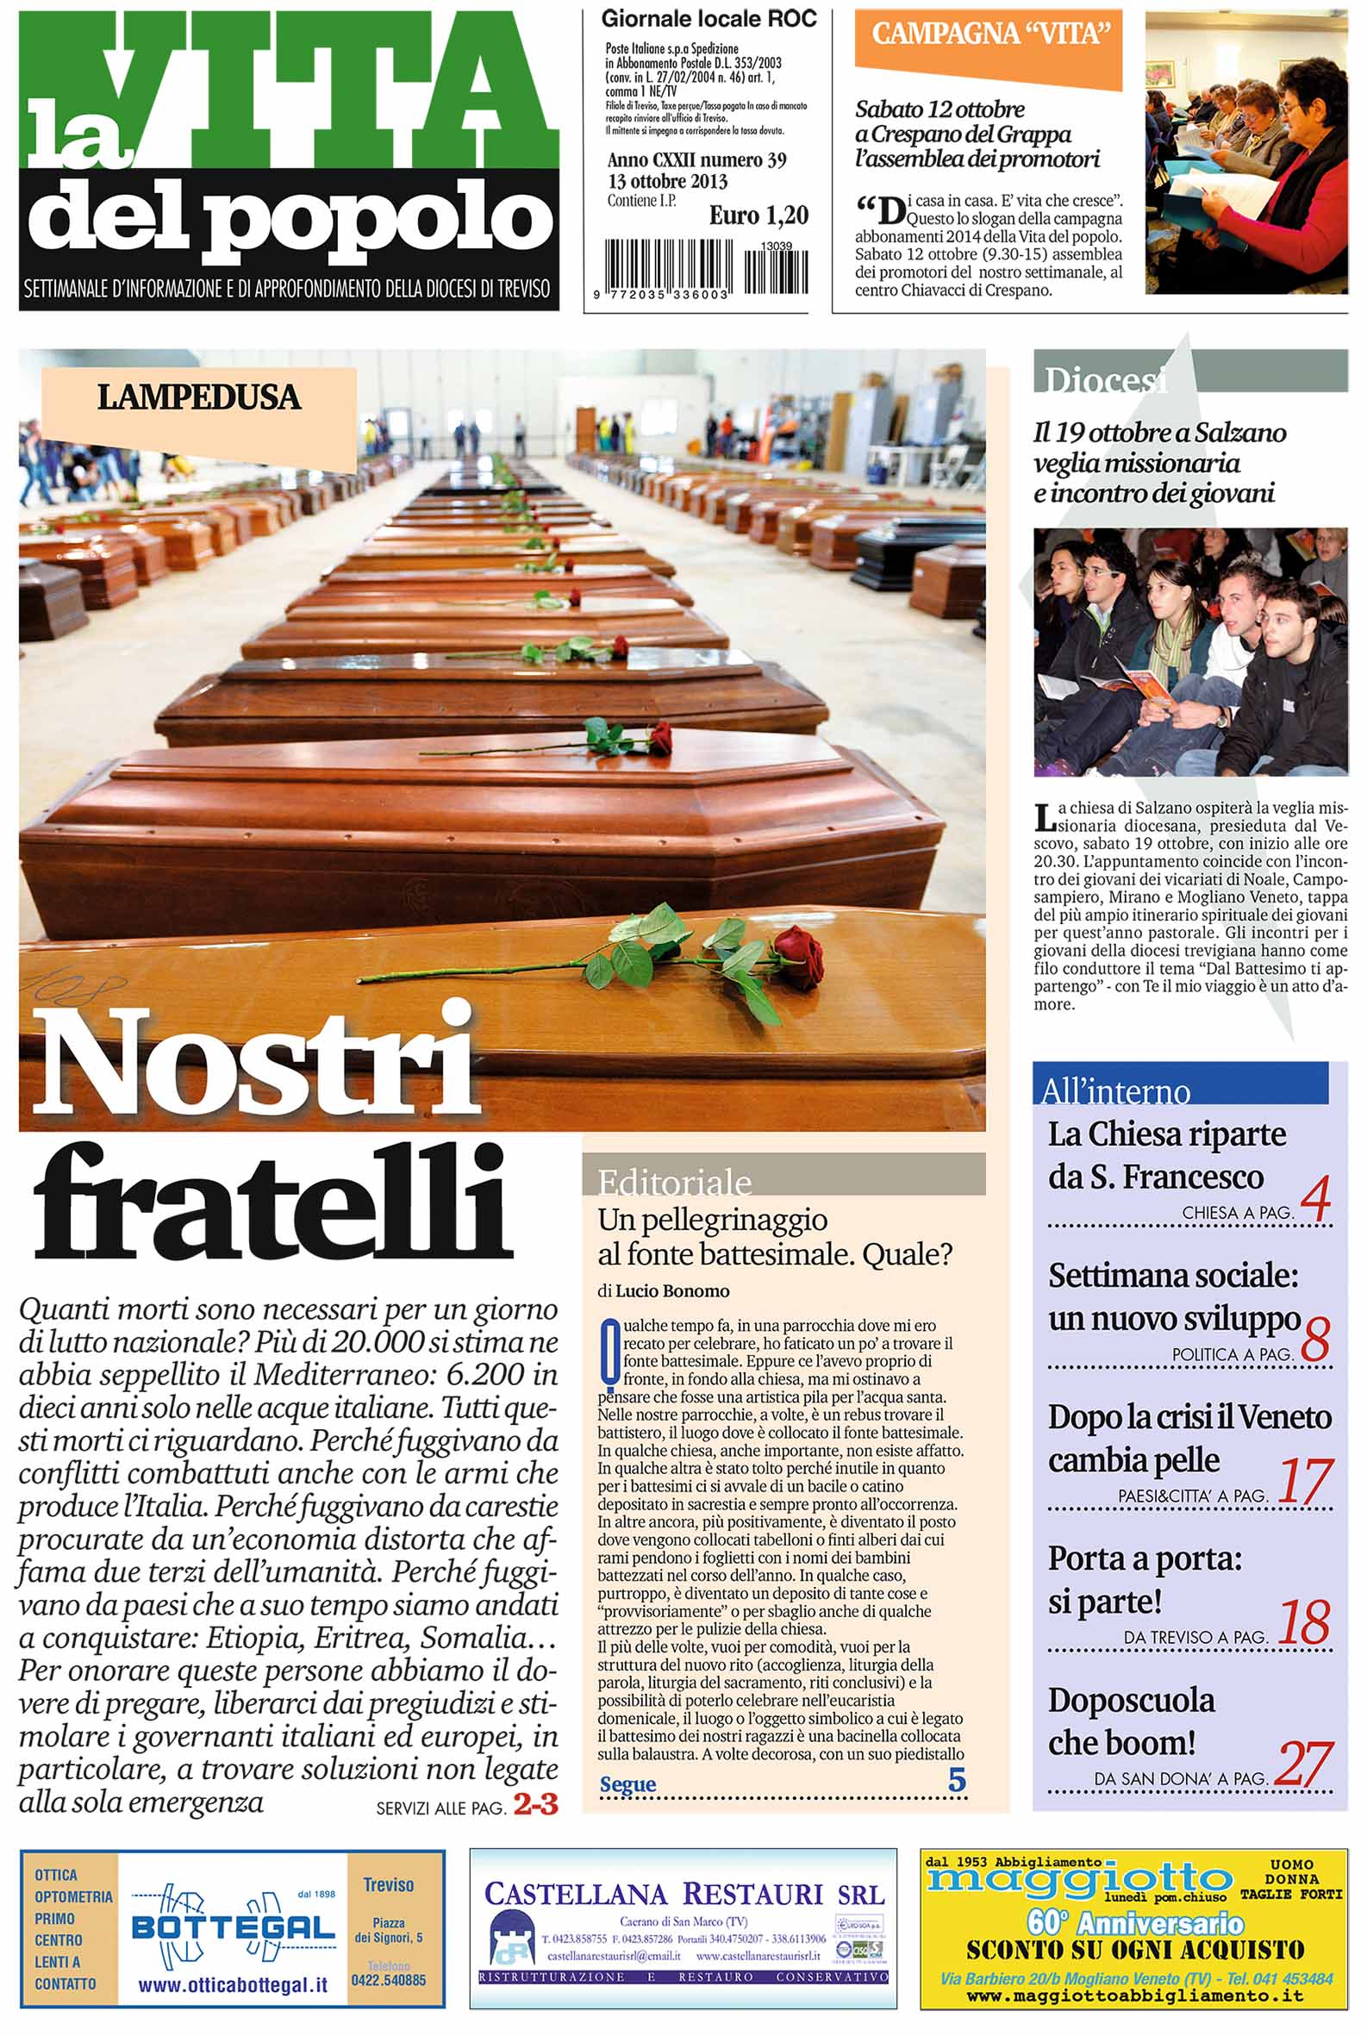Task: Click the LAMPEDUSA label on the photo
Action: pos(199,397)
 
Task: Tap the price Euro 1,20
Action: pos(758,215)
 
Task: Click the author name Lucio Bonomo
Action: pos(671,1291)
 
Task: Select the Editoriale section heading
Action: pos(674,1183)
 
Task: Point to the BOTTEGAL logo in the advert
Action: pos(233,1928)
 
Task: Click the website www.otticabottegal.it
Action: pos(233,1985)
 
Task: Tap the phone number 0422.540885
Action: pos(389,1980)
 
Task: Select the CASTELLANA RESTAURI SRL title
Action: pos(683,1894)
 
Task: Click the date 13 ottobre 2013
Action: pos(667,181)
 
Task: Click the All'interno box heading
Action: pos(1116,1090)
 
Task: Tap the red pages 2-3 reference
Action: pos(535,1804)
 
